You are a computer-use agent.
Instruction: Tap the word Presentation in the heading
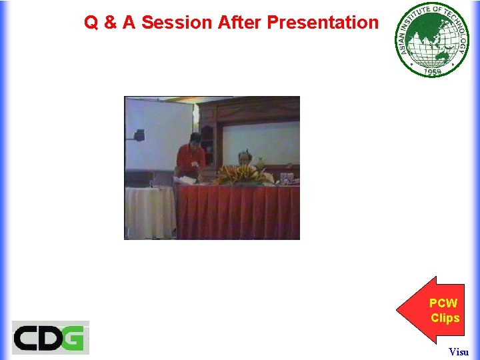(323, 23)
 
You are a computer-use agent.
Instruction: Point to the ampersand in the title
(111, 23)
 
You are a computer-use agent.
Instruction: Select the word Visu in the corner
(459, 351)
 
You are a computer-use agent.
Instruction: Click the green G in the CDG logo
(74, 338)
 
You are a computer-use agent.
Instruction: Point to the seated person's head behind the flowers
(243, 157)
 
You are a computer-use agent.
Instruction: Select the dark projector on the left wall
(138, 135)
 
